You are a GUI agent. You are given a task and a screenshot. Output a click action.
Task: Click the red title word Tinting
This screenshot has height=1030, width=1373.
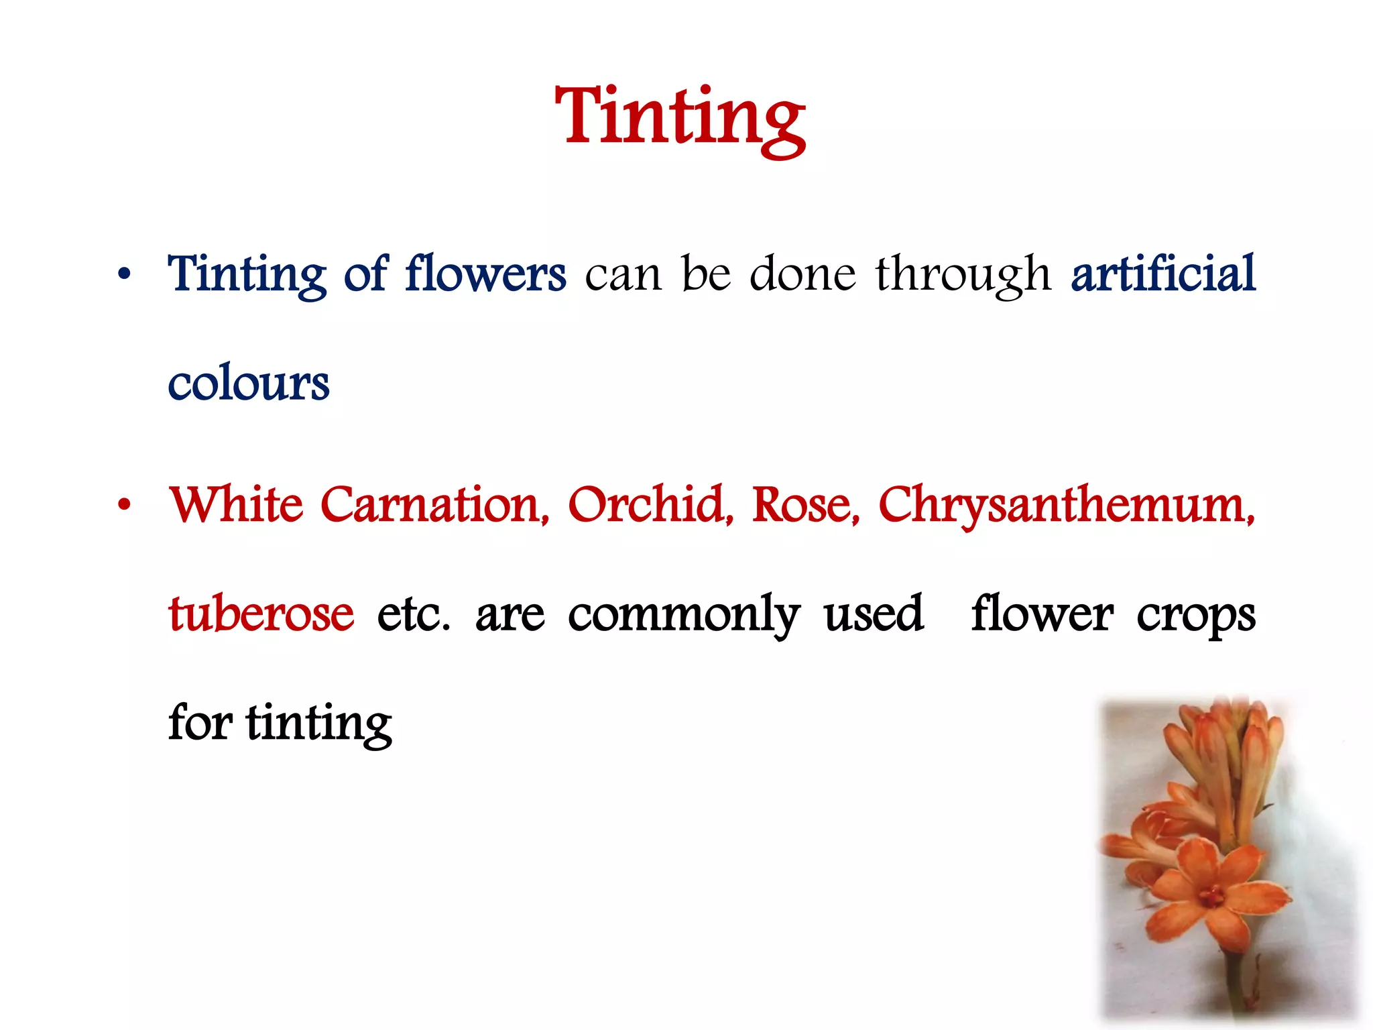point(680,117)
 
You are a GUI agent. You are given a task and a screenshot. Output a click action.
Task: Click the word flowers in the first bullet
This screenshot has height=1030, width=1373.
point(485,274)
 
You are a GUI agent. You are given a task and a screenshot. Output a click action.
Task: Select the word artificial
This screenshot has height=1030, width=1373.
point(1163,274)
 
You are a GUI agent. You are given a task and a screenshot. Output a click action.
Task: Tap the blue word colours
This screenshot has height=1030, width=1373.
point(248,384)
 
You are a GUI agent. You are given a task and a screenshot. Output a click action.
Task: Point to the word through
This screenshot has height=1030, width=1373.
point(963,276)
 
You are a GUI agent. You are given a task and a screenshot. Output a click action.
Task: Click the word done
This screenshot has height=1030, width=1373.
point(802,274)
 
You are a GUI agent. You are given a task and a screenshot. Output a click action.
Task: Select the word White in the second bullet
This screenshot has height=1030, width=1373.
point(236,504)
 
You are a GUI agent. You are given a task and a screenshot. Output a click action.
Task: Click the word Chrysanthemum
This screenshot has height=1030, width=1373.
point(1066,506)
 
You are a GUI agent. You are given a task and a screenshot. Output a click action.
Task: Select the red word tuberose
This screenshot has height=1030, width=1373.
point(261,614)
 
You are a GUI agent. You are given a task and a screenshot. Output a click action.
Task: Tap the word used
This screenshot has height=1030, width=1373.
point(874,614)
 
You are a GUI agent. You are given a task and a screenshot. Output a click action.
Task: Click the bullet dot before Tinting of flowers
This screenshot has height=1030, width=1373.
point(124,274)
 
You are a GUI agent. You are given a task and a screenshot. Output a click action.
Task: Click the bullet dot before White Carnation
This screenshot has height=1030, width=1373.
point(124,504)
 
